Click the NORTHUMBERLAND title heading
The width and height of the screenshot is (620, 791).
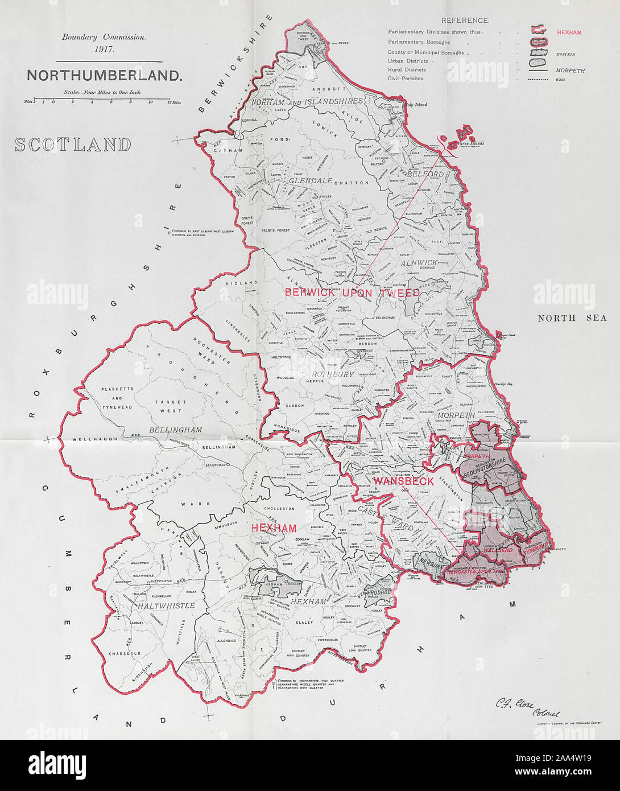(105, 76)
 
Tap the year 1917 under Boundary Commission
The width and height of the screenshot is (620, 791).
(104, 48)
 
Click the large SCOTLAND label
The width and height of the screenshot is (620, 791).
(73, 145)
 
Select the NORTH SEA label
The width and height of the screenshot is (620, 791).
(572, 318)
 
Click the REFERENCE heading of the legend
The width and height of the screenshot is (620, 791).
(465, 21)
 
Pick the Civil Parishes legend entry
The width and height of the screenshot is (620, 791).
(405, 79)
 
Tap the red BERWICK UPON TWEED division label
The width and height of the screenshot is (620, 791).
(352, 292)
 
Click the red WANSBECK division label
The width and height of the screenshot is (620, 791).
(404, 481)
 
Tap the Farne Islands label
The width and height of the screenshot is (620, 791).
(470, 143)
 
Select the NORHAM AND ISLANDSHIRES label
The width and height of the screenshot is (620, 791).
(314, 101)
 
